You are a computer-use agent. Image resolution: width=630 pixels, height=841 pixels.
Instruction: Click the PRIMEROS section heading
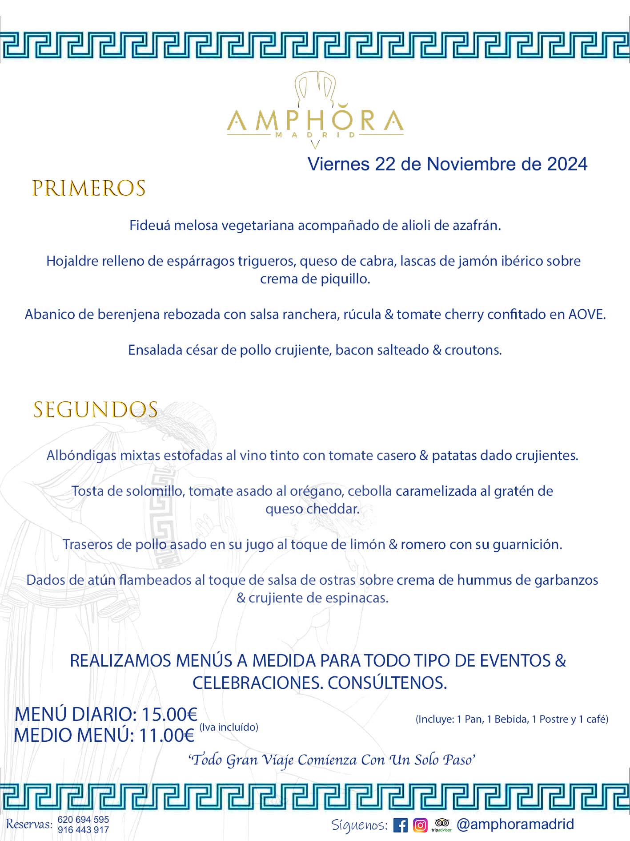coord(89,188)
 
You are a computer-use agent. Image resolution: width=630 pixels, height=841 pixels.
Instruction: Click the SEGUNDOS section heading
coord(96,410)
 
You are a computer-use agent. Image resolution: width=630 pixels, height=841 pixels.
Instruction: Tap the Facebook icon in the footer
coord(400,825)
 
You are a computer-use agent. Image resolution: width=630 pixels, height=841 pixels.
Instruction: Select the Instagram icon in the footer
coord(420,825)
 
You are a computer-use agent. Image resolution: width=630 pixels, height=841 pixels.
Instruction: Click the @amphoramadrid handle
coord(515,825)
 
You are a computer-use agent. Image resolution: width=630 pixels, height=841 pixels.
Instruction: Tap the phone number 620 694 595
coord(83,820)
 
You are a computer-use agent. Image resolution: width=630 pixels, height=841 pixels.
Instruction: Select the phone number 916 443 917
coord(83,830)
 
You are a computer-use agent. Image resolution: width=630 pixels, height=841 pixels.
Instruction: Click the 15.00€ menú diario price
coord(169,715)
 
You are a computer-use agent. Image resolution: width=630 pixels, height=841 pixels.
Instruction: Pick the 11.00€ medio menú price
coord(167,736)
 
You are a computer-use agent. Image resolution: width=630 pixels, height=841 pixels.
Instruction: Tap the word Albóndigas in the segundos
coord(81,456)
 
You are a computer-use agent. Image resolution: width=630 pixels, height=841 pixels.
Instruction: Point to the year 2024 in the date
coord(567,164)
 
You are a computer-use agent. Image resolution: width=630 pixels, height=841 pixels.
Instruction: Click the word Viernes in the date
coord(339,164)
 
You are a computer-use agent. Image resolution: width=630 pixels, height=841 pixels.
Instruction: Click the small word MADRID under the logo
coord(315,135)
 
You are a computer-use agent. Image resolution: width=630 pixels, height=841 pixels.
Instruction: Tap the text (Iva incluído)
coord(229,727)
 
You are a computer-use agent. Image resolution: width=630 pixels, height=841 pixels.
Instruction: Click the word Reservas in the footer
coord(29,825)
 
